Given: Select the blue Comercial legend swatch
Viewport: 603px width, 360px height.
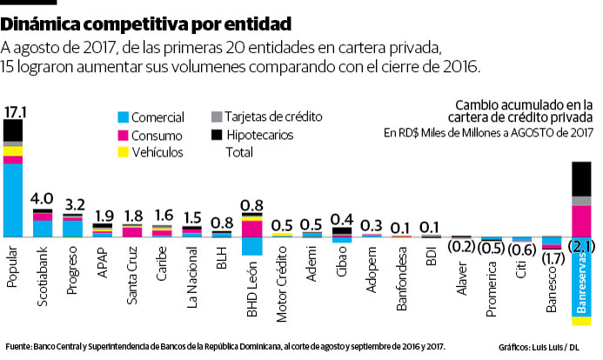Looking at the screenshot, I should pyautogui.click(x=123, y=117).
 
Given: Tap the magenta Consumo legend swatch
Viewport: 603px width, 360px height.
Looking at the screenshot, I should pyautogui.click(x=123, y=135).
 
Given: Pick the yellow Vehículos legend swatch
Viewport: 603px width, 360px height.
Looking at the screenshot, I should pyautogui.click(x=123, y=152).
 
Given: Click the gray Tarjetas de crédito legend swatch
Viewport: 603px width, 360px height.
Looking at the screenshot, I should pyautogui.click(x=217, y=117).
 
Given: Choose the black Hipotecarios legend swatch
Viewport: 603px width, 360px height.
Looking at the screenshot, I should pyautogui.click(x=217, y=135).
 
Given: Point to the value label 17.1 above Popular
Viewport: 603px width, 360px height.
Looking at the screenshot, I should pyautogui.click(x=14, y=112).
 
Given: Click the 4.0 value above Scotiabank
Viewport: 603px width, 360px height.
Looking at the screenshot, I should pyautogui.click(x=42, y=198).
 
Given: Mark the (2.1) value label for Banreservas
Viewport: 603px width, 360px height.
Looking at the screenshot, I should pyautogui.click(x=580, y=247).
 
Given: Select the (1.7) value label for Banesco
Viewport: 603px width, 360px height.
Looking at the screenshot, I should pyautogui.click(x=552, y=257).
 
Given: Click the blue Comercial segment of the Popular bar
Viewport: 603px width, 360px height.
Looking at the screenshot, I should pyautogui.click(x=14, y=200).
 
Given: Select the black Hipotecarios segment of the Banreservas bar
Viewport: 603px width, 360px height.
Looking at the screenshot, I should pyautogui.click(x=581, y=178).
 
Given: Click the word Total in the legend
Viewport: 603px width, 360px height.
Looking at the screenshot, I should pyautogui.click(x=239, y=152).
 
